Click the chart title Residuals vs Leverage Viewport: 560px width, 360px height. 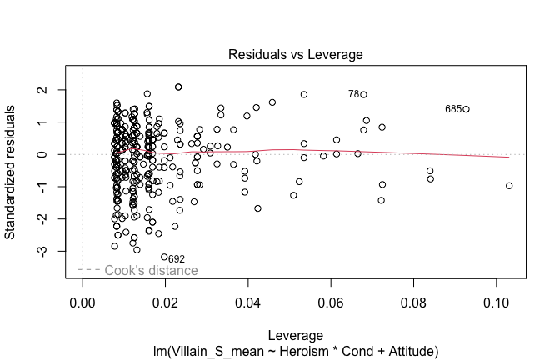coord(295,55)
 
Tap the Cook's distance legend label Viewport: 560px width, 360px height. coord(151,271)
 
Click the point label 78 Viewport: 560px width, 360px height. coord(353,95)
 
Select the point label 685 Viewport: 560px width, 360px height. coord(453,109)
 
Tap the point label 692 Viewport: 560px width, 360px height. coord(176,259)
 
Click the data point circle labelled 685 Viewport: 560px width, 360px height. coord(467,109)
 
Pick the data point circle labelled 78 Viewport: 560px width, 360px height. coord(363,95)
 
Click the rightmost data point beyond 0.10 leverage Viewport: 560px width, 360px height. coord(509,186)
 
